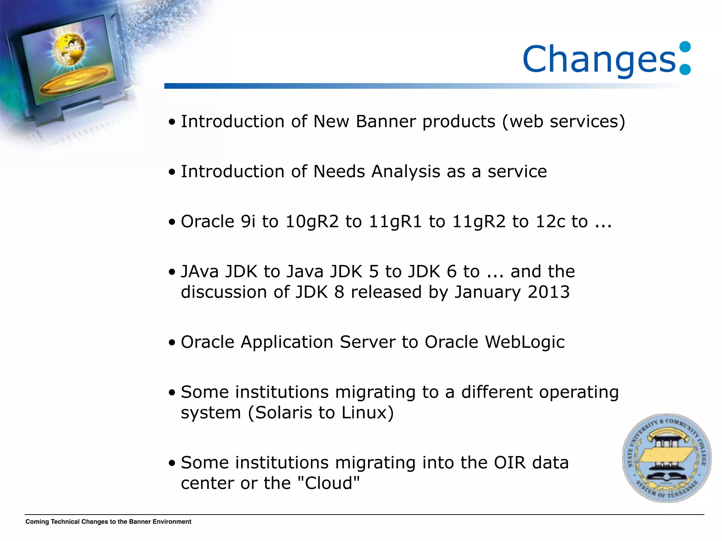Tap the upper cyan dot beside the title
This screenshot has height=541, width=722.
click(x=685, y=47)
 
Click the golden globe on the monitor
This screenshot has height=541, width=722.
click(x=69, y=49)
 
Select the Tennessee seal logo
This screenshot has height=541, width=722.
click(x=667, y=458)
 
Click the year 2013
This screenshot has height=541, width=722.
click(x=549, y=292)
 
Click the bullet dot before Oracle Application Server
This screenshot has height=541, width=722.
click(x=172, y=343)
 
